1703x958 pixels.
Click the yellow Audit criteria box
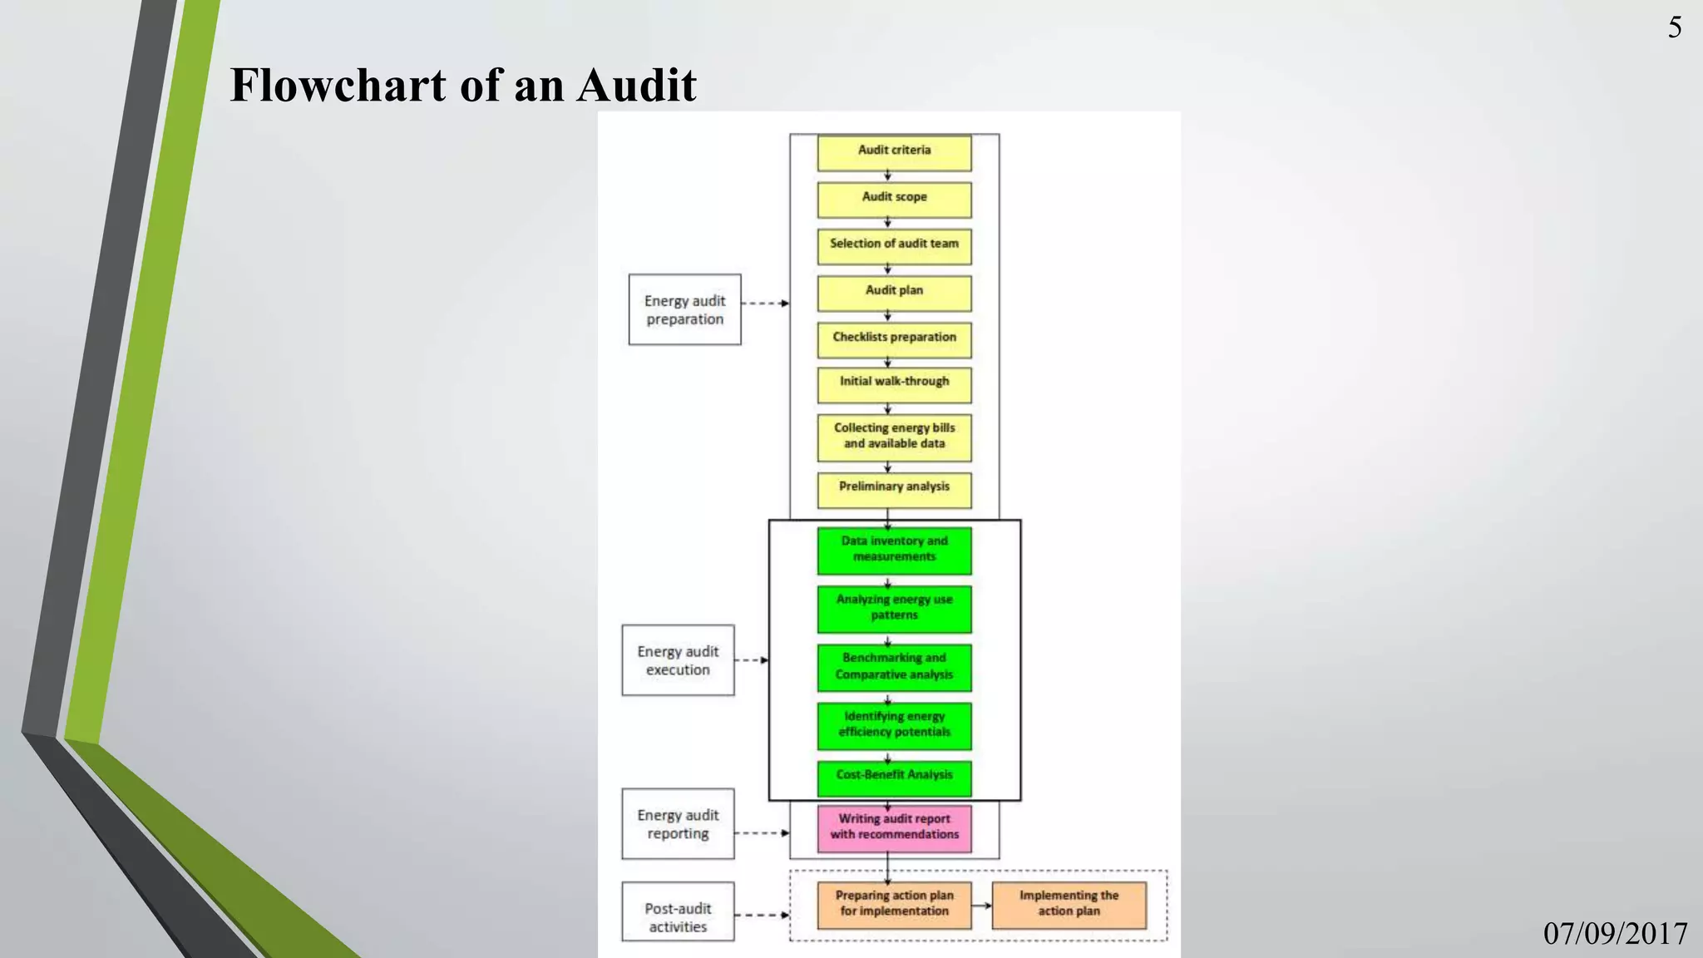coord(894,153)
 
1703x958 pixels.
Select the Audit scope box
coord(894,200)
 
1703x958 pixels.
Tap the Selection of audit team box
coord(894,246)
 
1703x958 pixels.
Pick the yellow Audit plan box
coord(894,293)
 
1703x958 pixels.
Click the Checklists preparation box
coord(894,339)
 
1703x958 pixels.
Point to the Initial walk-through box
coord(894,384)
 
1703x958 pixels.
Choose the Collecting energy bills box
coord(894,437)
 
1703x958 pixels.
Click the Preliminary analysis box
coord(894,490)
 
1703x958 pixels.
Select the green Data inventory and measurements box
coord(894,551)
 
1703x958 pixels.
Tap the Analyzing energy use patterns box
coord(894,609)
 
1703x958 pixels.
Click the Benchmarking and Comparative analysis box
coord(894,667)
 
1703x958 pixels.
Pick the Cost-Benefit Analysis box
coord(894,778)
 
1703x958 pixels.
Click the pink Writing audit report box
coord(894,827)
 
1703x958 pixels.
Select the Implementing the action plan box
coord(1069,905)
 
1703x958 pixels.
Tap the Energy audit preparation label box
coord(684,309)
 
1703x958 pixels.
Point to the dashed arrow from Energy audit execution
coord(751,660)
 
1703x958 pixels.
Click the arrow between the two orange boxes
coord(981,906)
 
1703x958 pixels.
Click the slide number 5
coord(1675,27)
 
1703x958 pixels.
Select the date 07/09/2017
coord(1615,933)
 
